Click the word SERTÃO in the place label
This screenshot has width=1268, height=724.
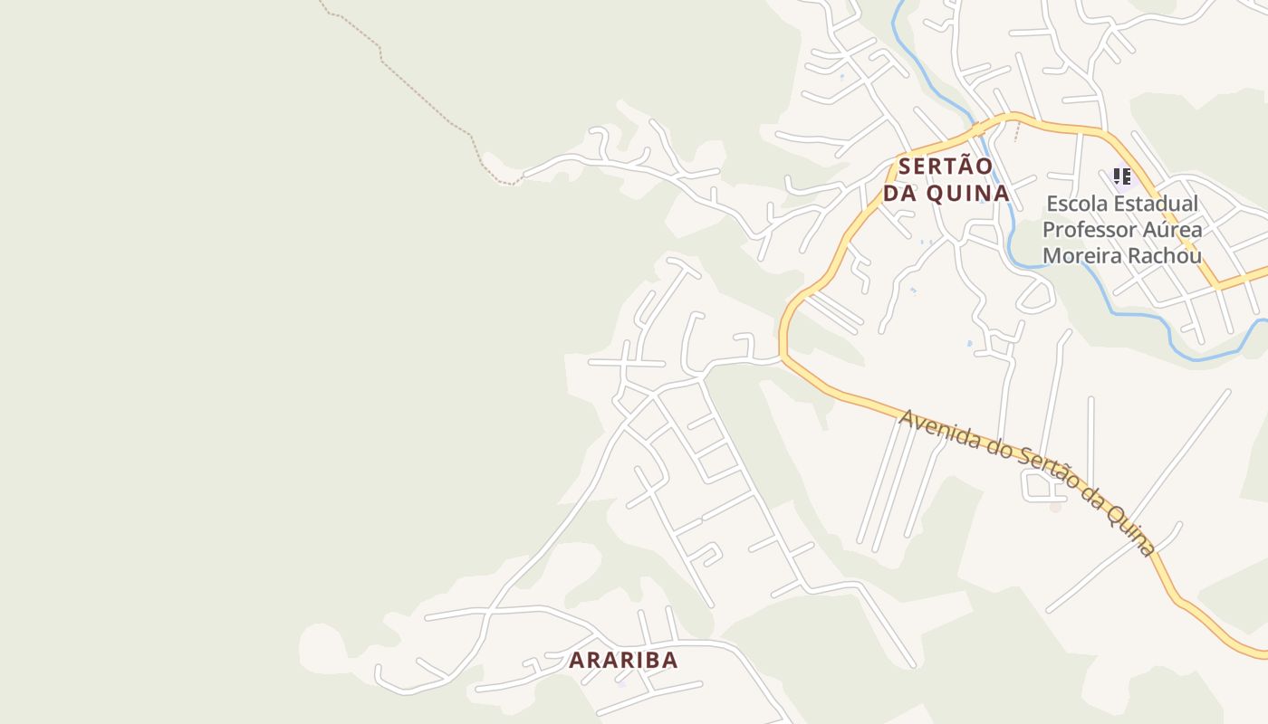(x=946, y=167)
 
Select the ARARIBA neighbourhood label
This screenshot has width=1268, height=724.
(x=623, y=660)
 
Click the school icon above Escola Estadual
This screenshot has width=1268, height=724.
(x=1122, y=176)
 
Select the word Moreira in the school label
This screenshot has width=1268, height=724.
(x=1082, y=256)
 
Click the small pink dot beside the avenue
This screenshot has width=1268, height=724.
(x=1055, y=507)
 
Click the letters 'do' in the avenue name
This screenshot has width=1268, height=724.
(x=997, y=450)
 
